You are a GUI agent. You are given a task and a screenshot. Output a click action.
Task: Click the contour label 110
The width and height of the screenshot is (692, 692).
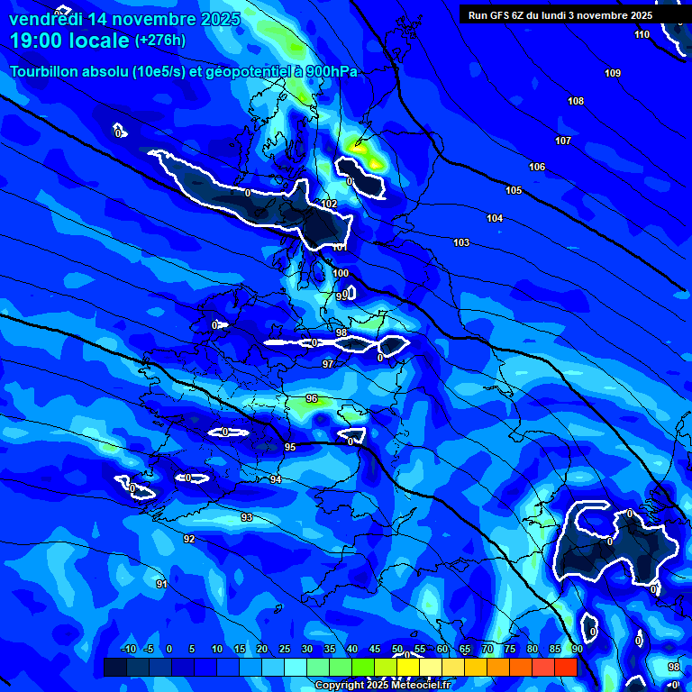tap(642, 35)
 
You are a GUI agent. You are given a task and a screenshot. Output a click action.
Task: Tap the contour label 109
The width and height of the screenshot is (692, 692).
tap(613, 73)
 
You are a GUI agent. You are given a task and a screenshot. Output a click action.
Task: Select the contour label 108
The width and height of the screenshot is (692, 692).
tap(576, 101)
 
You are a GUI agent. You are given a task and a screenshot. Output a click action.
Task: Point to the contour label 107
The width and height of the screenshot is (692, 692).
tap(563, 141)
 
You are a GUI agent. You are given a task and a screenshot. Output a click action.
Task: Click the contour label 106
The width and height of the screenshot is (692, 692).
tap(537, 167)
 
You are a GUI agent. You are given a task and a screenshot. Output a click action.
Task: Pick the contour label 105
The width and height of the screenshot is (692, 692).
tap(514, 190)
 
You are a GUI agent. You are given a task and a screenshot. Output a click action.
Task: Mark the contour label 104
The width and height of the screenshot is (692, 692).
tap(495, 219)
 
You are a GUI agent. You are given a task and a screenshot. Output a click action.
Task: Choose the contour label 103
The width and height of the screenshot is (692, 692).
tap(461, 242)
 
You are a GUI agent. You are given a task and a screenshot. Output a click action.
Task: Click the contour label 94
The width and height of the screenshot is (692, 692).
tap(276, 479)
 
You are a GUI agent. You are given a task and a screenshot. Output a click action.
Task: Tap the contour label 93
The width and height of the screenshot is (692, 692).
tap(247, 517)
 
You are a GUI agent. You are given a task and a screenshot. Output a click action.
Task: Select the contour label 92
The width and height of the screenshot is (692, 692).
tap(189, 539)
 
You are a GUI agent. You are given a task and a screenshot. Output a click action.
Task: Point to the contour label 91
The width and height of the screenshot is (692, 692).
tap(161, 584)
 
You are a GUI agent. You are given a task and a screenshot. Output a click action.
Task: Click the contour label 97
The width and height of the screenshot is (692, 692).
tap(328, 364)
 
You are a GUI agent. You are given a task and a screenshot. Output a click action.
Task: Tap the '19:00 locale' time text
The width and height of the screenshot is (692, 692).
tap(70, 41)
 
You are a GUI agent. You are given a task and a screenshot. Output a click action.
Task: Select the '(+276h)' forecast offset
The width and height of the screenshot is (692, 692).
tap(160, 41)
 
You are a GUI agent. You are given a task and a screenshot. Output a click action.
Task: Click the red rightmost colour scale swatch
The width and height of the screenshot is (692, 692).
tap(565, 667)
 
